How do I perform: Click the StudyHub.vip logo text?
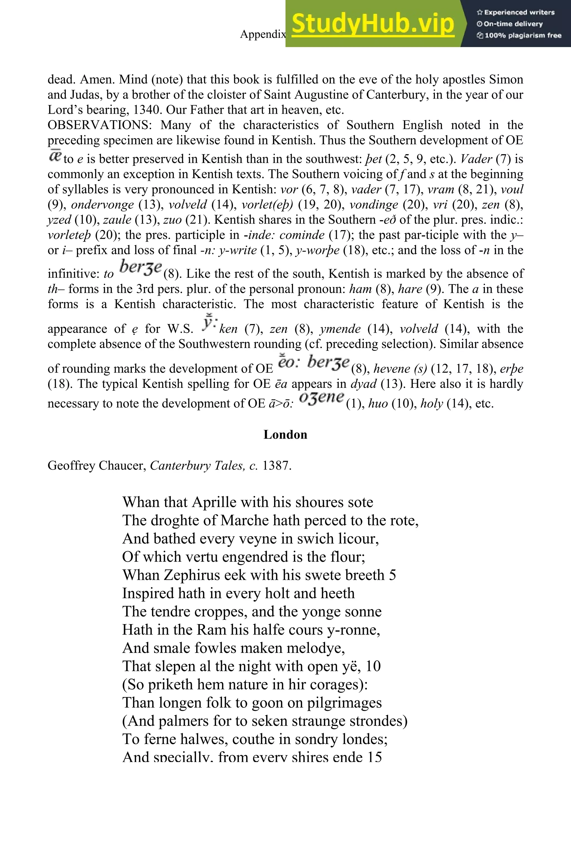[372, 24]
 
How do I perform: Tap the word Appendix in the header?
[263, 34]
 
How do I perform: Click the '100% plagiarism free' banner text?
[519, 36]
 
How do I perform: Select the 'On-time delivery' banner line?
[510, 24]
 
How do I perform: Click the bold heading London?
[285, 435]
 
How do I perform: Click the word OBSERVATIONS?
[100, 125]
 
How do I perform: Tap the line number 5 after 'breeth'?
[392, 575]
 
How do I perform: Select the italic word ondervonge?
[102, 205]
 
